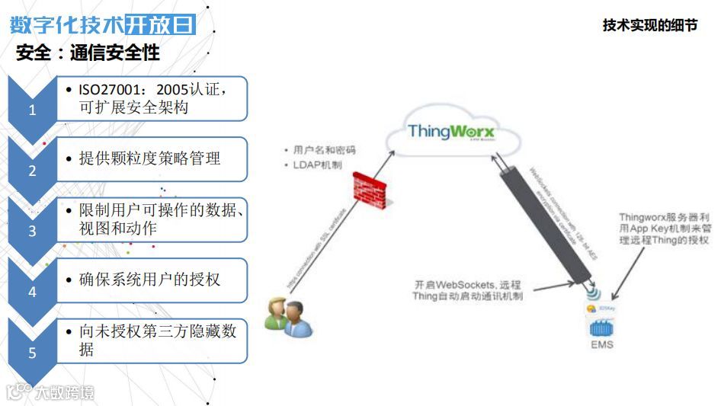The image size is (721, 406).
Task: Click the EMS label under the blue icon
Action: pos(601,345)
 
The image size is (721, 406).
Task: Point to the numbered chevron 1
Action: pos(32,108)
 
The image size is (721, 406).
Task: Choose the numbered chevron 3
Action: pos(32,230)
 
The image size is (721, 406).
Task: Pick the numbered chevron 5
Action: pos(32,352)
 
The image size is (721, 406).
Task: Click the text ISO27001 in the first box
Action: pos(109,90)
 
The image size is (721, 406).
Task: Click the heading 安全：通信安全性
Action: pos(88,53)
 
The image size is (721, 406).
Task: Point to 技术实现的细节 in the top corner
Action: pos(649,25)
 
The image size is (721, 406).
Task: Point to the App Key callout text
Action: pos(664,229)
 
